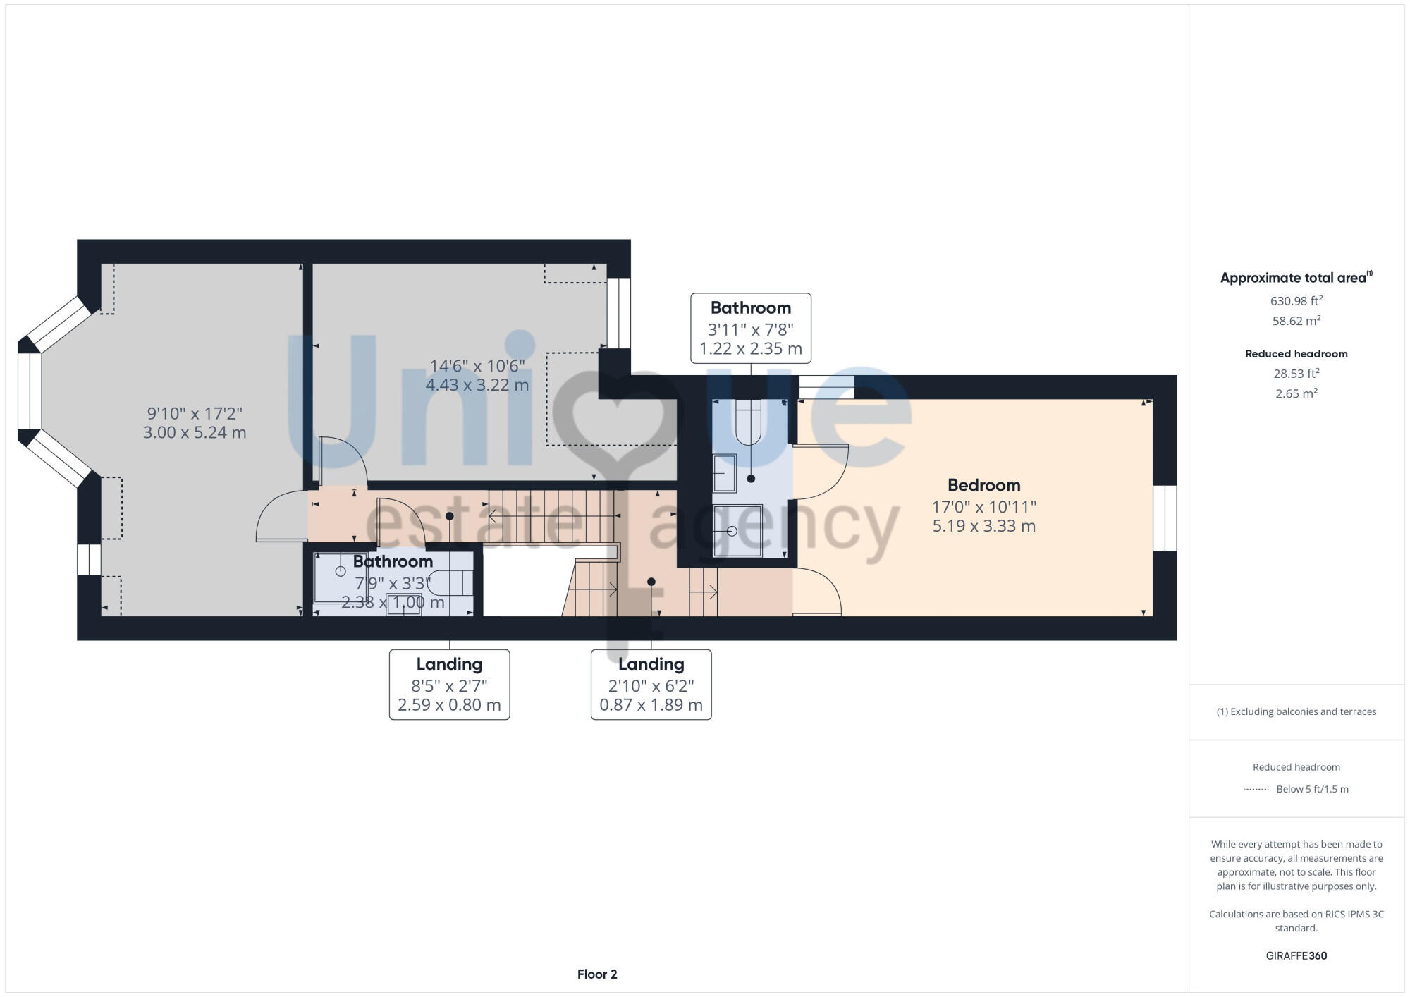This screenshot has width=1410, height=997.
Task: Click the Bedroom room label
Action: (x=983, y=485)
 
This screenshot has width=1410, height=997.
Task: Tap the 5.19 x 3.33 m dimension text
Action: (x=983, y=526)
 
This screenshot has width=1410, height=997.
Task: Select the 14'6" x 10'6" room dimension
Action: (x=477, y=366)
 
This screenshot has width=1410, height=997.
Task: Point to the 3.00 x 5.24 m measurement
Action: (x=195, y=433)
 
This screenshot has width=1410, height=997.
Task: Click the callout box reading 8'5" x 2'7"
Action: (x=449, y=684)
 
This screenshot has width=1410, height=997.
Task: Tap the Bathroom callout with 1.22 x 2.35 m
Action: (x=750, y=328)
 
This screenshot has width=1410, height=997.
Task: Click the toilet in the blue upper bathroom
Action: (x=748, y=422)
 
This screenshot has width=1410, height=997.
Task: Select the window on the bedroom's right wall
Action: (x=1165, y=518)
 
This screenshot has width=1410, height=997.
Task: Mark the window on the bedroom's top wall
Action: (x=826, y=387)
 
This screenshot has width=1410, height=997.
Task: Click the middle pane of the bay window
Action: (x=30, y=391)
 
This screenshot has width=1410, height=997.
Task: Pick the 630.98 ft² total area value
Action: (x=1296, y=301)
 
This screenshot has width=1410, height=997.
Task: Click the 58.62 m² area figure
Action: (x=1296, y=321)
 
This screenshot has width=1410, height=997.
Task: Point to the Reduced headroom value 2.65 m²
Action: (x=1296, y=393)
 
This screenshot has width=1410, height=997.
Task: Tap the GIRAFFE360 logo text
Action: (x=1296, y=956)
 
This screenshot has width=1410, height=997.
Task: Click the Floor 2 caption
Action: (x=596, y=974)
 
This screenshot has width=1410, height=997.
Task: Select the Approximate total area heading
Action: (x=1294, y=278)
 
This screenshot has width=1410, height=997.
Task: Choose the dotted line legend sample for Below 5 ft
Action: (x=1256, y=789)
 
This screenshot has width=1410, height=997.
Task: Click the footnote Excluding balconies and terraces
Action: (x=1296, y=711)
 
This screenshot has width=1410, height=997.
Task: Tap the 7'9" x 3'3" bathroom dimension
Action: (x=393, y=583)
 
